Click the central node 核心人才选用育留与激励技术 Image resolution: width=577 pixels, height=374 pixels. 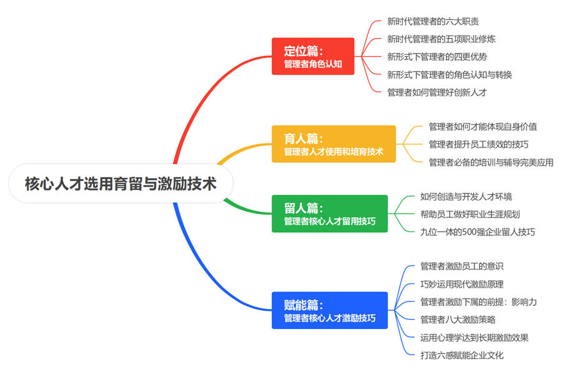121,184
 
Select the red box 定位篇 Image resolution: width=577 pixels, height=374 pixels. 313,57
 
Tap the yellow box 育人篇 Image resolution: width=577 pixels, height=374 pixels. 333,144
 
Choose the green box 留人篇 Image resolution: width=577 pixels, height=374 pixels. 330,214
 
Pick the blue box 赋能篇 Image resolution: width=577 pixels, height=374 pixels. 330,310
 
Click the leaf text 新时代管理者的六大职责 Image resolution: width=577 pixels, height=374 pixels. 433,21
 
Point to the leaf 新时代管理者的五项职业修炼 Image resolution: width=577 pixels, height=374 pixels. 441,39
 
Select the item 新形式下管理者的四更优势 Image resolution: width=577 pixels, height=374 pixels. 436,57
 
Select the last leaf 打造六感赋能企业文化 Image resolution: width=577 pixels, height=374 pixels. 461,355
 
